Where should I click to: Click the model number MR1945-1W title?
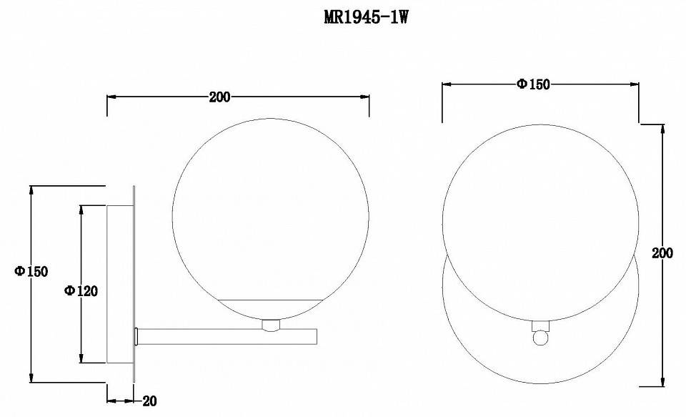tap(366, 17)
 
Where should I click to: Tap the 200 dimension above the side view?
tap(219, 97)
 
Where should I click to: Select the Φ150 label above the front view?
tap(533, 84)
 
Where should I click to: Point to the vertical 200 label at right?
tap(662, 252)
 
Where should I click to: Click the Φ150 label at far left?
tap(31, 271)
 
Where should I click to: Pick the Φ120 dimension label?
tap(81, 290)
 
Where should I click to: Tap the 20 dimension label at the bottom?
tap(149, 401)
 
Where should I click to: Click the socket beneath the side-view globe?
tap(271, 325)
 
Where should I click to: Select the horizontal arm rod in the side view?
tap(227, 336)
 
